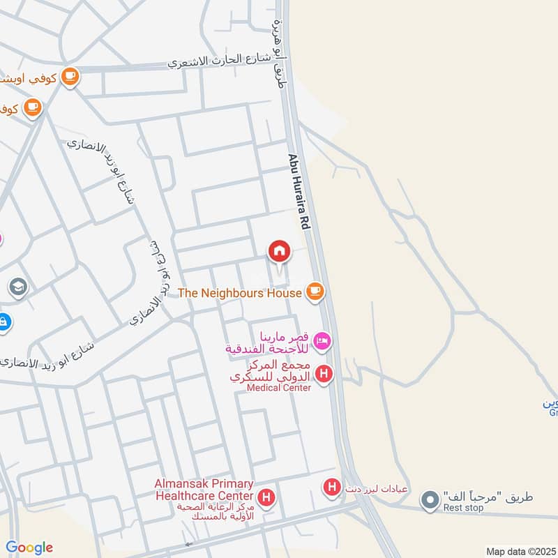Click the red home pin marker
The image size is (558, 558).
[279, 252]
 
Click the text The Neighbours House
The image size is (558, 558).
[240, 293]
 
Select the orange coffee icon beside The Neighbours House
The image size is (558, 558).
[315, 292]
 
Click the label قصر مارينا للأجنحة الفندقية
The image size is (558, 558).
[268, 341]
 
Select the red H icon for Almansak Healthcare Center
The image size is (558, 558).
[265, 497]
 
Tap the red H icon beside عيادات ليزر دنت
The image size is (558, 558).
[333, 487]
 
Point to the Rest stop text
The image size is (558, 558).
[463, 508]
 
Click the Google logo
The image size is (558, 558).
[29, 548]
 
